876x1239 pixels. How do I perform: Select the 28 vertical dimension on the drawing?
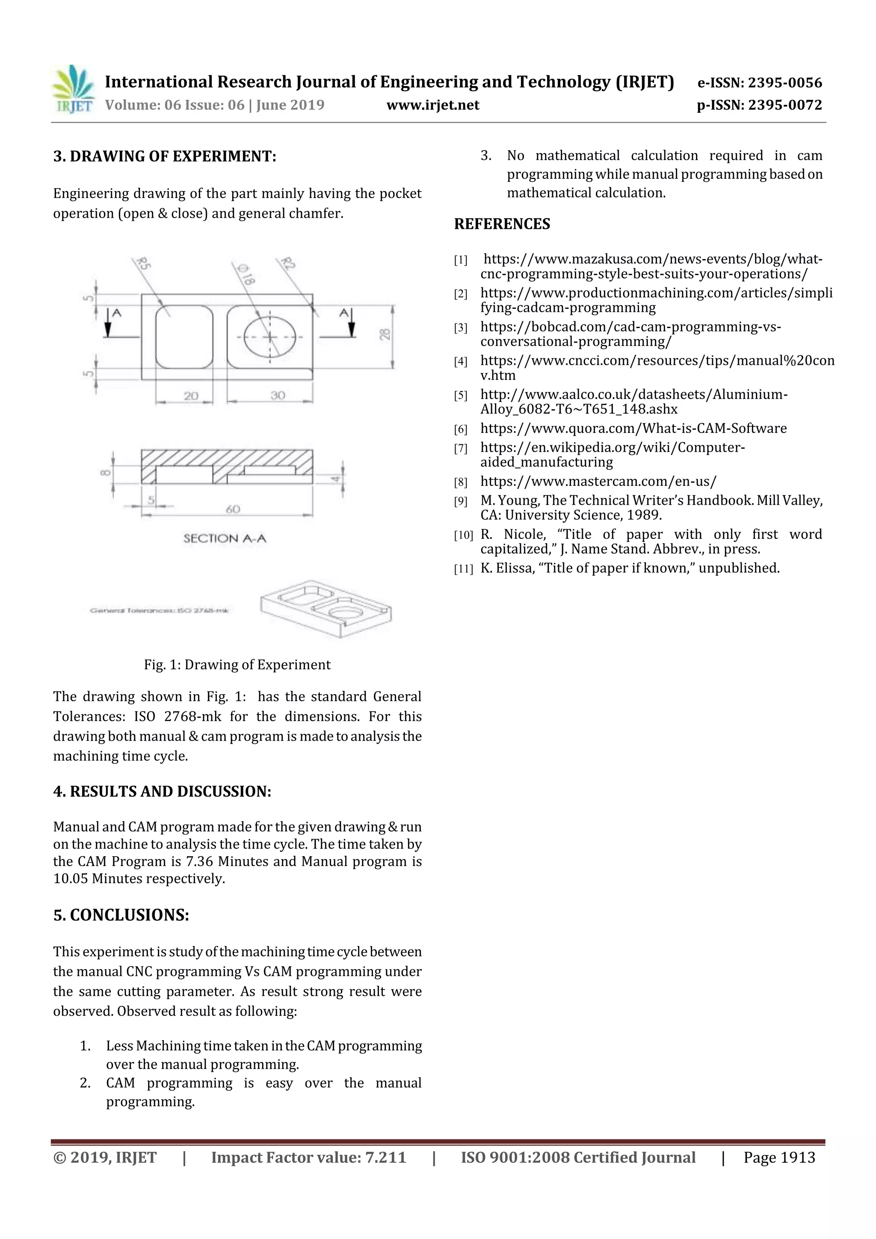pyautogui.click(x=384, y=334)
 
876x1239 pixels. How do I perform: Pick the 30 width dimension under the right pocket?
pyautogui.click(x=278, y=395)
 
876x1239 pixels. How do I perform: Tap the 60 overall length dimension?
pyautogui.click(x=233, y=509)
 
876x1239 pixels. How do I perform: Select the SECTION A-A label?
pyautogui.click(x=225, y=538)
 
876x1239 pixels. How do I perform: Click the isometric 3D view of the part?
pyautogui.click(x=326, y=609)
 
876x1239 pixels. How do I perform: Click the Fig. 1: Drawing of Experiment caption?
pyautogui.click(x=237, y=664)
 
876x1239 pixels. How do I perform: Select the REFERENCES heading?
pyautogui.click(x=502, y=224)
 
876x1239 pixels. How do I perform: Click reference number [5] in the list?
pyautogui.click(x=460, y=396)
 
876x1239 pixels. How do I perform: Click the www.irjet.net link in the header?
pyautogui.click(x=433, y=105)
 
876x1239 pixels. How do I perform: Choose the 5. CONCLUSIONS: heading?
pyautogui.click(x=121, y=915)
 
